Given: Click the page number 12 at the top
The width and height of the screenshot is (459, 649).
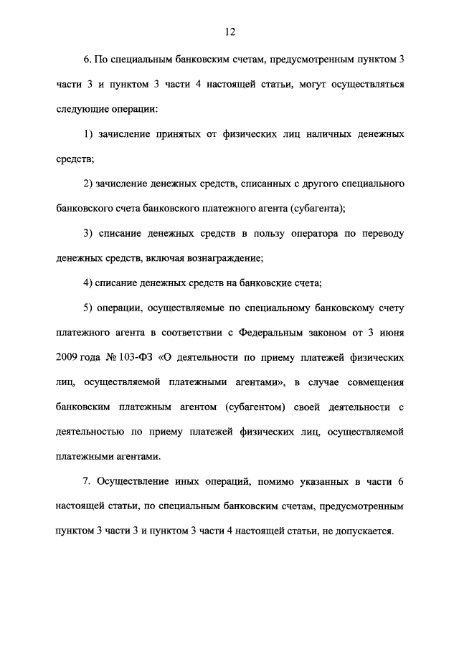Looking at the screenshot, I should [229, 32].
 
